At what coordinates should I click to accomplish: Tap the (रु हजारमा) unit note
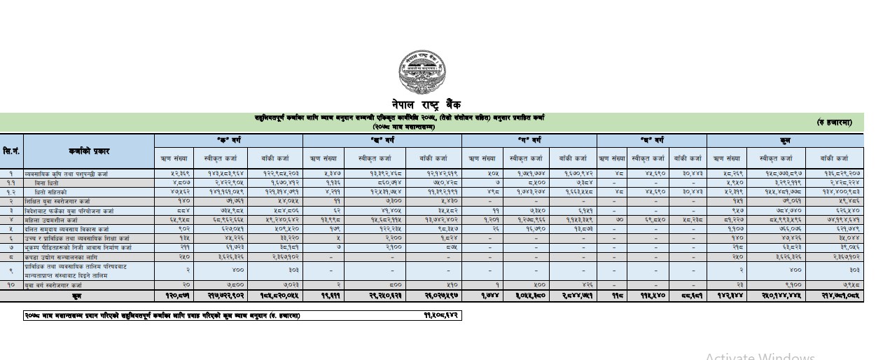834,123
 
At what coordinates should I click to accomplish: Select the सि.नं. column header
11,151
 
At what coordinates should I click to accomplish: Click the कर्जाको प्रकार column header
88,151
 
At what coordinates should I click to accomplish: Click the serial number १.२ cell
11,191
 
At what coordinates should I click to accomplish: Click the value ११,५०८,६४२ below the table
441,316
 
